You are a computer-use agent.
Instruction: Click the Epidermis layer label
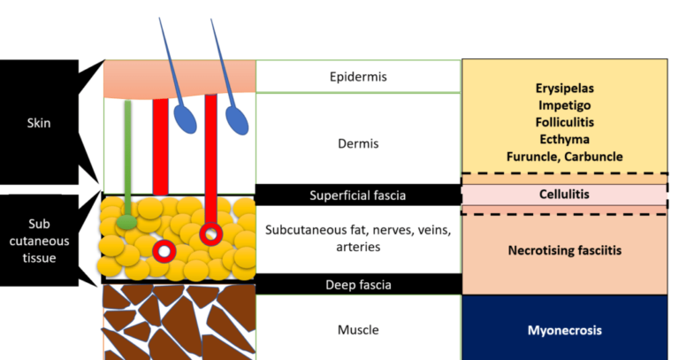click(357, 77)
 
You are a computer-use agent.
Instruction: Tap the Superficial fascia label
click(357, 195)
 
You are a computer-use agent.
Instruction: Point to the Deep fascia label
click(357, 285)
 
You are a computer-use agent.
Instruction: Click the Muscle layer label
click(357, 330)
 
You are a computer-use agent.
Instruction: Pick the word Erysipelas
click(564, 88)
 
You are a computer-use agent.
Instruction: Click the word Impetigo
click(564, 105)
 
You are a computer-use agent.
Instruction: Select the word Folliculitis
click(564, 122)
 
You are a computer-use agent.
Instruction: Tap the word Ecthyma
click(564, 139)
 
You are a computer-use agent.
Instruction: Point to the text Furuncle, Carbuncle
click(564, 156)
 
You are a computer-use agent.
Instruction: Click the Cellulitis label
click(564, 193)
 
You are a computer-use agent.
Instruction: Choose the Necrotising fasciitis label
click(564, 250)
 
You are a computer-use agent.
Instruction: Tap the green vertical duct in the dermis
click(128, 155)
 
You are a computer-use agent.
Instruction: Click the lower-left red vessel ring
click(163, 252)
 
